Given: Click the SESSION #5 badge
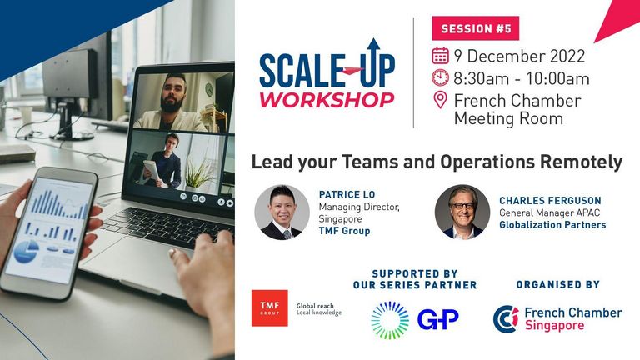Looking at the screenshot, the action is pyautogui.click(x=476, y=28).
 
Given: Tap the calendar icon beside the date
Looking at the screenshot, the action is pyautogui.click(x=440, y=56).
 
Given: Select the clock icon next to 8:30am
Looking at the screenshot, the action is pyautogui.click(x=440, y=77).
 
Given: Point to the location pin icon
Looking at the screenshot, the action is pyautogui.click(x=440, y=100).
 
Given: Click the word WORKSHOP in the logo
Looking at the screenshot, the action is pyautogui.click(x=327, y=100).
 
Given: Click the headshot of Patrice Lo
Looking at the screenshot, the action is pyautogui.click(x=282, y=212).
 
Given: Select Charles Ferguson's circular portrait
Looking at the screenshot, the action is pyautogui.click(x=462, y=212).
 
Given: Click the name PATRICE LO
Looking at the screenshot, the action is pyautogui.click(x=347, y=194).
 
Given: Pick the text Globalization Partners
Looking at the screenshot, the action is pyautogui.click(x=552, y=225).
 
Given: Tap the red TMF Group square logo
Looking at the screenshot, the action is pyautogui.click(x=269, y=308).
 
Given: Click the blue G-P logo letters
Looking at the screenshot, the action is pyautogui.click(x=438, y=319).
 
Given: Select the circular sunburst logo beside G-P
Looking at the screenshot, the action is pyautogui.click(x=390, y=320).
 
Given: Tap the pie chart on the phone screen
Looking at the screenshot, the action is pyautogui.click(x=26, y=251).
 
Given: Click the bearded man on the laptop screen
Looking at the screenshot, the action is pyautogui.click(x=171, y=102).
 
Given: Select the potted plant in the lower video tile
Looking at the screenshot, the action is pyautogui.click(x=200, y=176).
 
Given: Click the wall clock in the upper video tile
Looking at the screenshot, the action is pyautogui.click(x=209, y=89).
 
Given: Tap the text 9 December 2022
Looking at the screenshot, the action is pyautogui.click(x=520, y=56).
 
